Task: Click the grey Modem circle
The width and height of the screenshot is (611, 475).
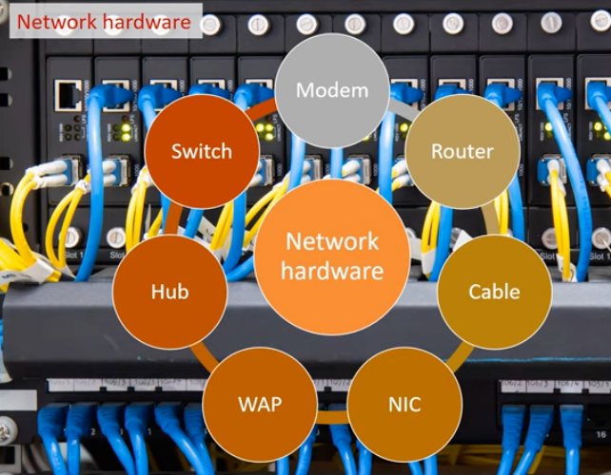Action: [x=332, y=90]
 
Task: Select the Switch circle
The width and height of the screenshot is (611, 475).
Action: [x=202, y=151]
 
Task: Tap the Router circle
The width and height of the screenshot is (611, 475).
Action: [x=463, y=151]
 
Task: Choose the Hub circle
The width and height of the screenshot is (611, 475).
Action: [x=169, y=292]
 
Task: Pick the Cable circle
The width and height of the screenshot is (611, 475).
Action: [x=495, y=292]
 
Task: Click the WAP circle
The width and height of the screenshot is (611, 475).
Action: [x=260, y=405]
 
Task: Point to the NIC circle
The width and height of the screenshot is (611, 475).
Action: [x=404, y=405]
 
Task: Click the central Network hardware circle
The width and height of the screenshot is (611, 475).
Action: [x=332, y=256]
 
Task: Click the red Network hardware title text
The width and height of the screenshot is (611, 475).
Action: [x=104, y=22]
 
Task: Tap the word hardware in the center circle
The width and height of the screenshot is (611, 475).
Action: [x=332, y=271]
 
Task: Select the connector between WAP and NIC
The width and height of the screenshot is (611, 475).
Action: [x=332, y=418]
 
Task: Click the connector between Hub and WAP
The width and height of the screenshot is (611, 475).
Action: [x=205, y=357]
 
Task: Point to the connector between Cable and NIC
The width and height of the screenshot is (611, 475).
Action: [x=460, y=357]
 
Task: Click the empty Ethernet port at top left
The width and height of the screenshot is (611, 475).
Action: [x=69, y=95]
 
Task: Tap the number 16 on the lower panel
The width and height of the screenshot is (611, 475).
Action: [x=601, y=434]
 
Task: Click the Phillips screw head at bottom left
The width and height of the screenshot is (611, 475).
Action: [x=7, y=430]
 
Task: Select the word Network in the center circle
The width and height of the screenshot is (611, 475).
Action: [x=332, y=241]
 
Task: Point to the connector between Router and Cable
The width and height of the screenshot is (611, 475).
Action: [x=492, y=220]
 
